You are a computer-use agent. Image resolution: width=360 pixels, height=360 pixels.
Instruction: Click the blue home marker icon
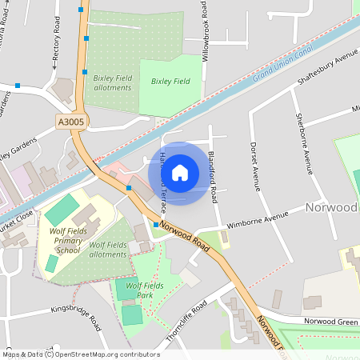coord(180,173)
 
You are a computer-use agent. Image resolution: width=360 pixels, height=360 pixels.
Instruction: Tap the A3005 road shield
coord(70,122)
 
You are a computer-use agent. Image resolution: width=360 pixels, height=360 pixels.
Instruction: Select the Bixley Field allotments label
coord(112,82)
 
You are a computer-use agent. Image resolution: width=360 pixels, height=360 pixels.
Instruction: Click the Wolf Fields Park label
coord(134,289)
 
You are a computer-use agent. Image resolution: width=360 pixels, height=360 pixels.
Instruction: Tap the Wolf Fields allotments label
coord(107,250)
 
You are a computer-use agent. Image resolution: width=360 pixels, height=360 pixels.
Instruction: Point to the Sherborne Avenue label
coord(303,147)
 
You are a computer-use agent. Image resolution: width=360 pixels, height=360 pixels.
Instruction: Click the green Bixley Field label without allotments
coord(170,81)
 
